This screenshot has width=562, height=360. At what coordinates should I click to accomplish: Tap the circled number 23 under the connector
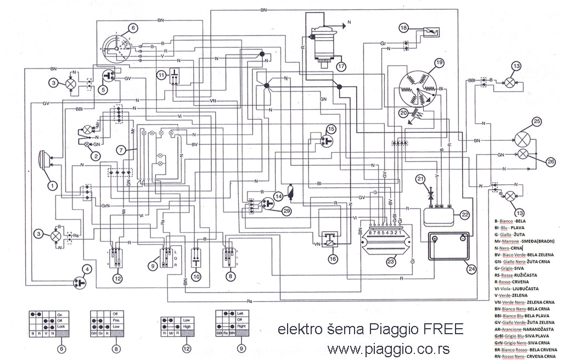390,263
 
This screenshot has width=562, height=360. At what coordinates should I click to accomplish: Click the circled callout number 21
420,179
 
